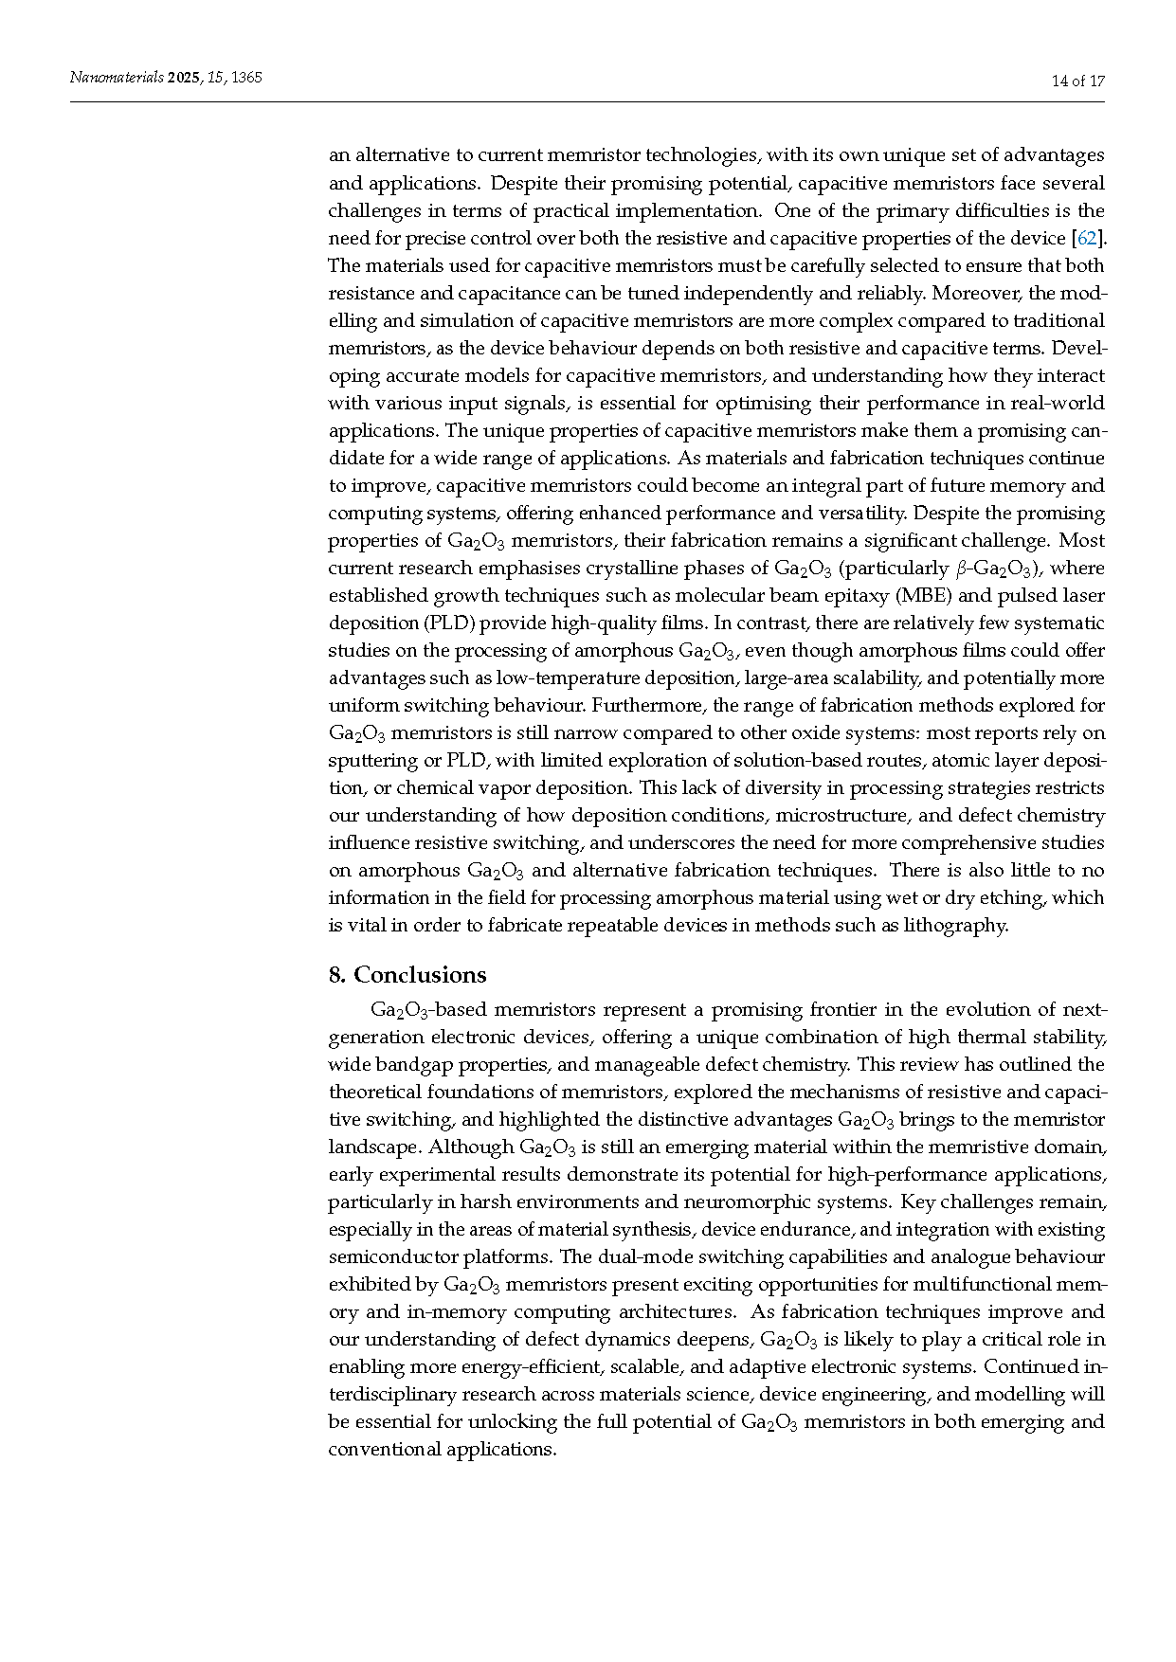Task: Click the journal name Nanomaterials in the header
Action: [x=117, y=78]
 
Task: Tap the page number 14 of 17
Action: [x=1077, y=81]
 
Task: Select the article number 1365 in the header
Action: [x=246, y=78]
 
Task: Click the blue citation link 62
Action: [x=1087, y=238]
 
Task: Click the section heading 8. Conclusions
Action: [x=407, y=975]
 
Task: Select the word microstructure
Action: [x=840, y=815]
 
